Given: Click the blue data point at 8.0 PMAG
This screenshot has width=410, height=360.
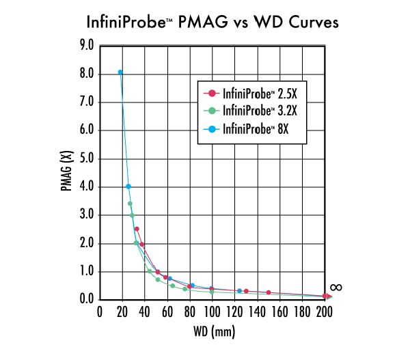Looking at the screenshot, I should [120, 72].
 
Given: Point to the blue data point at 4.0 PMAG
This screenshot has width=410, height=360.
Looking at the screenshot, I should [128, 186].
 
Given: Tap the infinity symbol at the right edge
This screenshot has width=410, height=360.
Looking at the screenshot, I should [336, 287].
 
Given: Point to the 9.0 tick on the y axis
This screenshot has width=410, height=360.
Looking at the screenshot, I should [87, 46].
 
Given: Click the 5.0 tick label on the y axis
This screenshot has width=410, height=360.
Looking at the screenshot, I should [87, 158].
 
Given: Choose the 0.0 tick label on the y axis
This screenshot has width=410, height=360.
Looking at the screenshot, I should [87, 299].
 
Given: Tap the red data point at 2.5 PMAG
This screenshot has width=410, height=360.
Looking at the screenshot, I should [137, 230].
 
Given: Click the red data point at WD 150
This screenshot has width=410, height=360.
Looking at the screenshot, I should [269, 293].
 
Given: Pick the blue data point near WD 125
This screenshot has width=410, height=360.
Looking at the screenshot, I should [239, 291].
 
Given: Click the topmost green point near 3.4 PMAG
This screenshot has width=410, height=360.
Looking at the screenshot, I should [130, 204].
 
